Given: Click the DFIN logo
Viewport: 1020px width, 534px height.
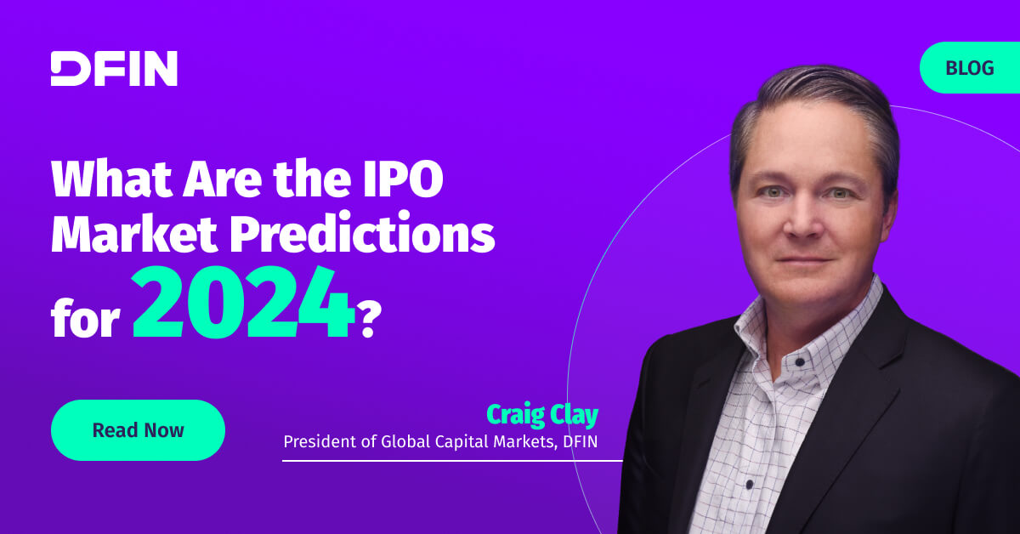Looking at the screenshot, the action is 114,68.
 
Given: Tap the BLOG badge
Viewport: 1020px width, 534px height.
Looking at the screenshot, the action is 970,68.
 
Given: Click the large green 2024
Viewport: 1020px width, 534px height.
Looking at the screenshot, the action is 243,302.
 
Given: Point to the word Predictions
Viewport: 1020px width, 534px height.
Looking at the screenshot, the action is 362,233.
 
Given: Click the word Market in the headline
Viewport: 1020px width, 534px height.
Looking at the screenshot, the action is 134,233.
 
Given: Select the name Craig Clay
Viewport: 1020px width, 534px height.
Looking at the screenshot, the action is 542,415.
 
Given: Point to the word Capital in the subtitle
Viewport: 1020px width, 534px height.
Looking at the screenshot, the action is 462,442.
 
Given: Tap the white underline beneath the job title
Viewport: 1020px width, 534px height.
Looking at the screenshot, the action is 452,461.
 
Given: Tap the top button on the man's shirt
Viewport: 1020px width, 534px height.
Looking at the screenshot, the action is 800,363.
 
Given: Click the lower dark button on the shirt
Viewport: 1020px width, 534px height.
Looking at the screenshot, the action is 750,484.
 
